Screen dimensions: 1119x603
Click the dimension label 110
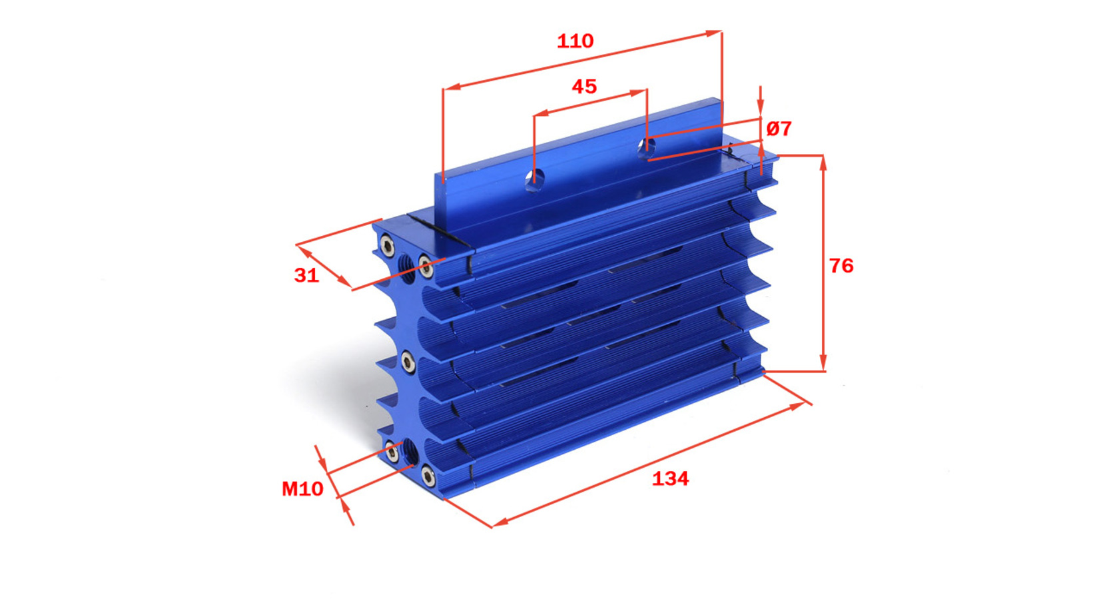(575, 41)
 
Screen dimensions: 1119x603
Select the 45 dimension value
(584, 87)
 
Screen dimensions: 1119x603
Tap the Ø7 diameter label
(779, 129)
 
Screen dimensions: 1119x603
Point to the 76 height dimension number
(841, 266)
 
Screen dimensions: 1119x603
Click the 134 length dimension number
(670, 479)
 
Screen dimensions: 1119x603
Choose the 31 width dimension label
(306, 275)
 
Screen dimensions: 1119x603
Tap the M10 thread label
(302, 488)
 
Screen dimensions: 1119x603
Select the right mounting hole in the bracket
(646, 146)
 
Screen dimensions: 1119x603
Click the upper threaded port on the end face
(407, 268)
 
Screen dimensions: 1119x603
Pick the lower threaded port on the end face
(410, 452)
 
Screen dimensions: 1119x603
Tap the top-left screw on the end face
(387, 245)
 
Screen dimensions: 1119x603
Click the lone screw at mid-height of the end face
(408, 362)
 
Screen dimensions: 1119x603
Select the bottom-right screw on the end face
(428, 475)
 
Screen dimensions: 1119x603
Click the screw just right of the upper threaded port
(426, 266)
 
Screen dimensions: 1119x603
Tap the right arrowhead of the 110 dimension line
(714, 33)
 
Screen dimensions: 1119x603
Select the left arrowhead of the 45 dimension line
(542, 113)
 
